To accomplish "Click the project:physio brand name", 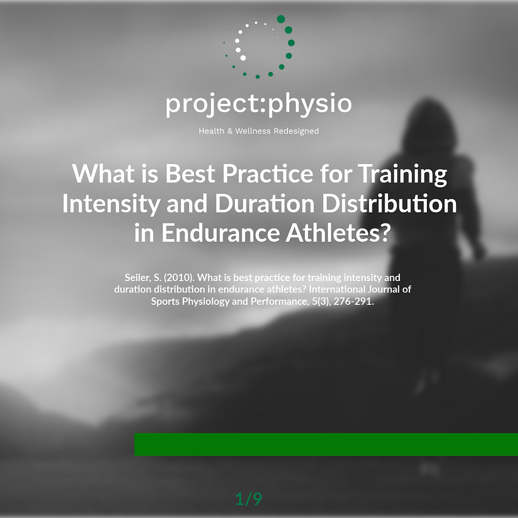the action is coord(258,104).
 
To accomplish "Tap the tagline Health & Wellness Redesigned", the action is coord(258,131).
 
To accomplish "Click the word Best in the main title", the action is coord(190,173).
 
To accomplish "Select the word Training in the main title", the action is coord(403,174).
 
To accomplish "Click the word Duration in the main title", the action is coord(264,203).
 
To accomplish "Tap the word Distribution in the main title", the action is coord(390,203).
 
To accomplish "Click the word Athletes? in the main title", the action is coord(338,233).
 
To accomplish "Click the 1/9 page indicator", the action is coord(249,499).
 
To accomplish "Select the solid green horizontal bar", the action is coord(326,444).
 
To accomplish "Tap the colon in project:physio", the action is coord(262,104).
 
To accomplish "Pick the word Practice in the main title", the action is coord(268,173).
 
